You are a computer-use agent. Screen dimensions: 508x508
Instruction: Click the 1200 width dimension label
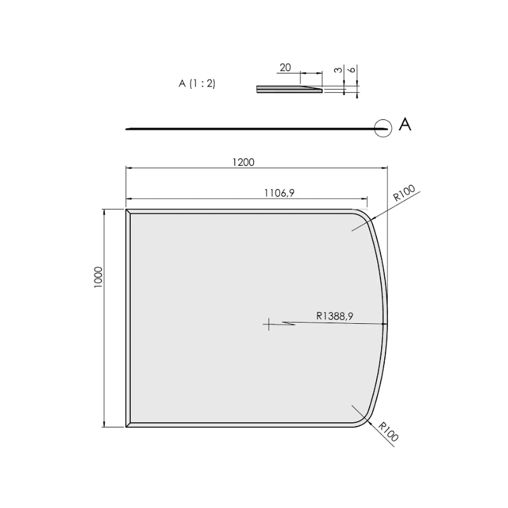point(243,162)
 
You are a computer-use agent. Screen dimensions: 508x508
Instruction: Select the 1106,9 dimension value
point(279,193)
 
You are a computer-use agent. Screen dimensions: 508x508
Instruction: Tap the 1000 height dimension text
point(98,277)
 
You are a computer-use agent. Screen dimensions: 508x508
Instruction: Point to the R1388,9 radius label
point(335,316)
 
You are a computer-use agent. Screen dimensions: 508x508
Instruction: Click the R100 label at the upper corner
point(404,193)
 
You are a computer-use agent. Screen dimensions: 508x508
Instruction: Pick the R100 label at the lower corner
point(388,432)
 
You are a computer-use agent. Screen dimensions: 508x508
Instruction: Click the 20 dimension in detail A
point(285,68)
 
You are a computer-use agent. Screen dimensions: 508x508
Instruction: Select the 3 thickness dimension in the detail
point(338,70)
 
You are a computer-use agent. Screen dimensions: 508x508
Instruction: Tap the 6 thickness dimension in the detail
point(352,69)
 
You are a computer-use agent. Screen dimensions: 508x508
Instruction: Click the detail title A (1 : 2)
point(197,84)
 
